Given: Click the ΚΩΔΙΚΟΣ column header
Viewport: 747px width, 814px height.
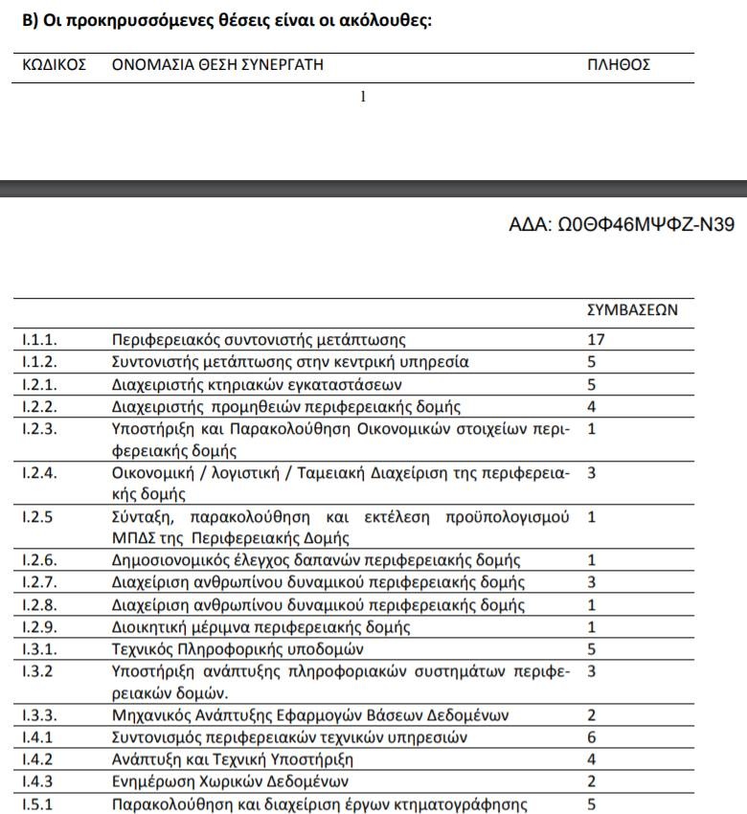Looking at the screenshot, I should pyautogui.click(x=54, y=65).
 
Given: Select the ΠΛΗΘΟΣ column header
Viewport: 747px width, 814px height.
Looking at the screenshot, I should pyautogui.click(x=619, y=65).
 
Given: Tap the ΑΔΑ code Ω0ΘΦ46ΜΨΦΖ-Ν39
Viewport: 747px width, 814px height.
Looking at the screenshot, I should pyautogui.click(x=622, y=225).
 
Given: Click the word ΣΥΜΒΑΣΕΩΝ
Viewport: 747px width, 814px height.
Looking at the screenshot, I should pyautogui.click(x=632, y=309).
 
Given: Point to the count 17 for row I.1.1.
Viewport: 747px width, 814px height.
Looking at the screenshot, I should pyautogui.click(x=595, y=339).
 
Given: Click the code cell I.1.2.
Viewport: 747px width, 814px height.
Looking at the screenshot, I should pyautogui.click(x=39, y=362).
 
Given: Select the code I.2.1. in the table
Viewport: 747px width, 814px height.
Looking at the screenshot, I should pyautogui.click(x=39, y=384).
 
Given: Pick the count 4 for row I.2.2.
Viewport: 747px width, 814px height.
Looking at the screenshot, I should pyautogui.click(x=591, y=406).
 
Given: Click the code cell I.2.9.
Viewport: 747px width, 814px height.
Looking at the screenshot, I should pyautogui.click(x=39, y=627).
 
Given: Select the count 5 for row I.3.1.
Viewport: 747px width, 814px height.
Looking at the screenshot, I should pyautogui.click(x=591, y=649).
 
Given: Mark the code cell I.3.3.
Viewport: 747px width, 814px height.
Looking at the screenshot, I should pyautogui.click(x=39, y=715).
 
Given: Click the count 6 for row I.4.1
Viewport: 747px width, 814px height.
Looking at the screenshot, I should pyautogui.click(x=591, y=737).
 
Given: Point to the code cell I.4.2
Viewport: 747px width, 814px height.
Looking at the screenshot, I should pyautogui.click(x=37, y=759).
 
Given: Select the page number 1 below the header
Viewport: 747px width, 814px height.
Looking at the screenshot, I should pyautogui.click(x=363, y=97).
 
